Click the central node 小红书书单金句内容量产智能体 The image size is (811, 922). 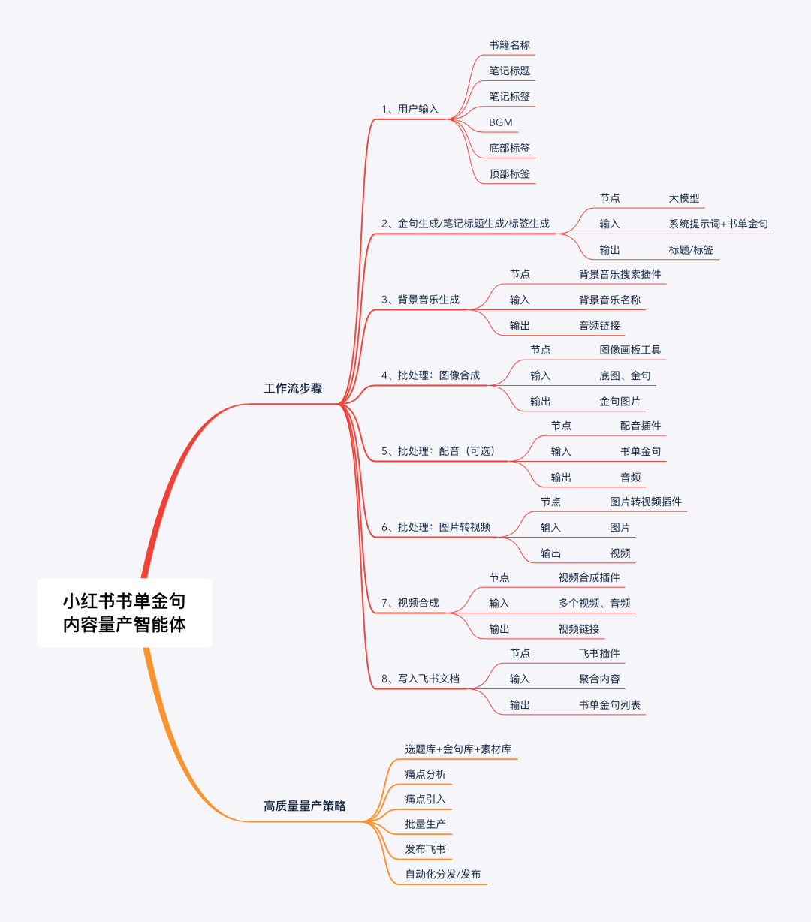(124, 613)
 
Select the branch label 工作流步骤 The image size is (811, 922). (293, 388)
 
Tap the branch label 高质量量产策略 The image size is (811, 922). (305, 806)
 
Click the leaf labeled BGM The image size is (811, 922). (501, 122)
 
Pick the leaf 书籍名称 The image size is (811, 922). (509, 45)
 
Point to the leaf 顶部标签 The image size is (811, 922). (509, 173)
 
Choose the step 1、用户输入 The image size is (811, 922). (410, 109)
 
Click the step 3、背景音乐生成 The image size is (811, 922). (421, 300)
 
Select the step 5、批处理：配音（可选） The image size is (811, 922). (438, 451)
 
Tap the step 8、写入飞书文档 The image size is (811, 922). (421, 679)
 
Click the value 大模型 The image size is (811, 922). (684, 198)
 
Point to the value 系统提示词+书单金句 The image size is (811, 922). (718, 224)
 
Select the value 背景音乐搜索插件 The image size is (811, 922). (620, 274)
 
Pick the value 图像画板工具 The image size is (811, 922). (630, 350)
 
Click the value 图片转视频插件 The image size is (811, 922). (646, 502)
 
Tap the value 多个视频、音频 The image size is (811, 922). (594, 603)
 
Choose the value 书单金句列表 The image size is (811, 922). (609, 704)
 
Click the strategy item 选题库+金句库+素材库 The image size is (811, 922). (458, 749)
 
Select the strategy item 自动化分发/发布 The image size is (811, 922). (443, 874)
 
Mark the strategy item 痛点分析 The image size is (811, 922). (425, 774)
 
